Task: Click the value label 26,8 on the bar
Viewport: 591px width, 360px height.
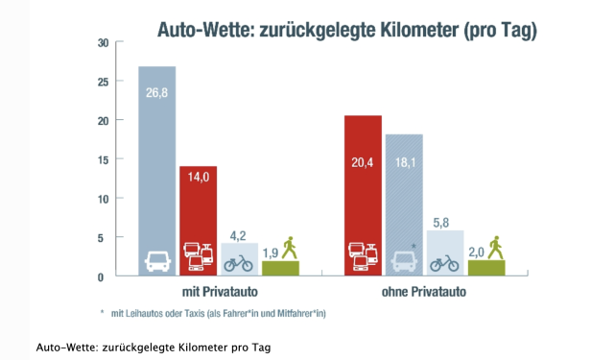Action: point(156,94)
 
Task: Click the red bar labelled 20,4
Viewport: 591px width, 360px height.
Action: point(364,182)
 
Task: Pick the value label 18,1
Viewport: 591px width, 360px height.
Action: point(403,164)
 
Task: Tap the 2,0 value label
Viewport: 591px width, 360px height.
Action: point(476,252)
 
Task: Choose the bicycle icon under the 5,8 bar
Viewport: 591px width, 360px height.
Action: point(444,261)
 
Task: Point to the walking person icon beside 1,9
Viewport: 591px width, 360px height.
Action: point(290,247)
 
